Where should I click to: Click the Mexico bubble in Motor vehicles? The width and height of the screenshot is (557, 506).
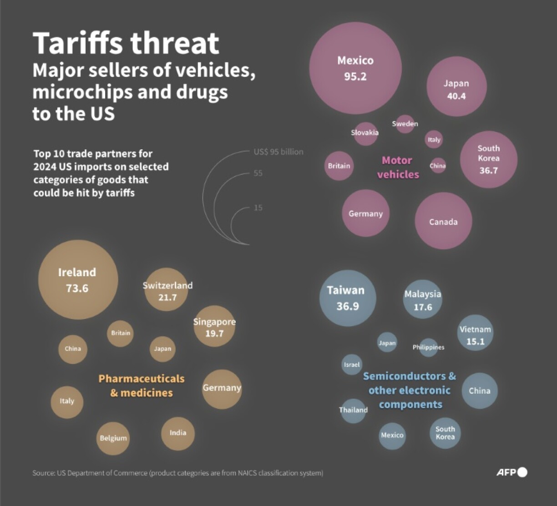(x=355, y=68)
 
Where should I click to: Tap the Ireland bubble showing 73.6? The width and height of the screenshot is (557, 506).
(x=78, y=279)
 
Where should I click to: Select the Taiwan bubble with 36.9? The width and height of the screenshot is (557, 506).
(x=348, y=298)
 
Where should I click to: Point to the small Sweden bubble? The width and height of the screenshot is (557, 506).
(x=405, y=124)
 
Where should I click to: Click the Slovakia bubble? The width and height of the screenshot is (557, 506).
(x=365, y=133)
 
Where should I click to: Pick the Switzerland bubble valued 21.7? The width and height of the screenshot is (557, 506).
(x=167, y=289)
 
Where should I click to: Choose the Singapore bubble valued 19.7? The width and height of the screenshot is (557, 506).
(x=214, y=326)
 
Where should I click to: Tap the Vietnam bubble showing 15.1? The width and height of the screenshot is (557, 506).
(x=475, y=333)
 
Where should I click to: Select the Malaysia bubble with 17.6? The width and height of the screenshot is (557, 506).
(x=422, y=299)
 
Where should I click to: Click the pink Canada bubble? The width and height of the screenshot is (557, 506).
(x=443, y=221)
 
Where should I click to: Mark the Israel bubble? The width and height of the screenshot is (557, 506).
(x=352, y=364)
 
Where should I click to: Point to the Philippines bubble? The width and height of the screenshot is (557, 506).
(x=428, y=347)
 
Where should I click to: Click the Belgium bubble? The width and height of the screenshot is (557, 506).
(x=113, y=438)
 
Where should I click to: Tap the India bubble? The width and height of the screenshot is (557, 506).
(x=178, y=433)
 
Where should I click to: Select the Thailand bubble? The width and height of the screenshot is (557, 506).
(x=353, y=410)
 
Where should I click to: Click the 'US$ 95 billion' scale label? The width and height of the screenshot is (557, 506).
(x=278, y=152)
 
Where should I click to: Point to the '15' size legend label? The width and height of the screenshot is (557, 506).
(x=258, y=208)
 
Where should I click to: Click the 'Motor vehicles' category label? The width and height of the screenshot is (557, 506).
(x=397, y=167)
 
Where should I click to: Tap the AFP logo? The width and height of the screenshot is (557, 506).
(x=511, y=472)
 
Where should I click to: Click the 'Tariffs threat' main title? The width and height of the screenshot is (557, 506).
(x=126, y=43)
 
